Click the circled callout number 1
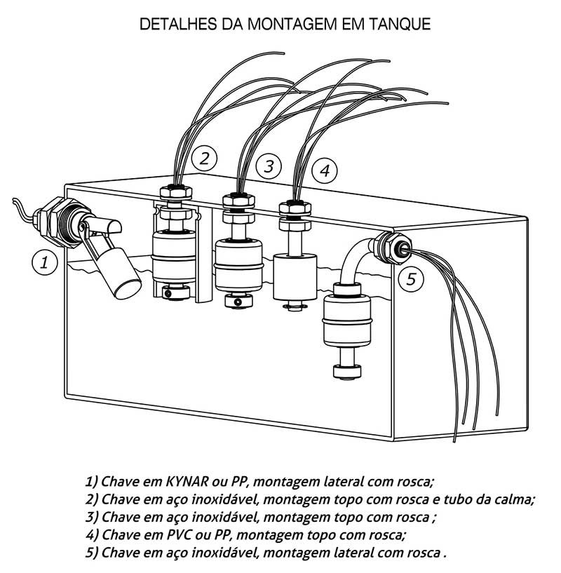pyautogui.click(x=44, y=263)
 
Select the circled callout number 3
pyautogui.click(x=269, y=166)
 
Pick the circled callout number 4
pyautogui.click(x=325, y=170)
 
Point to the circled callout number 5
pyautogui.click(x=411, y=279)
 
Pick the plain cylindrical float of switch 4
pyautogui.click(x=295, y=276)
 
